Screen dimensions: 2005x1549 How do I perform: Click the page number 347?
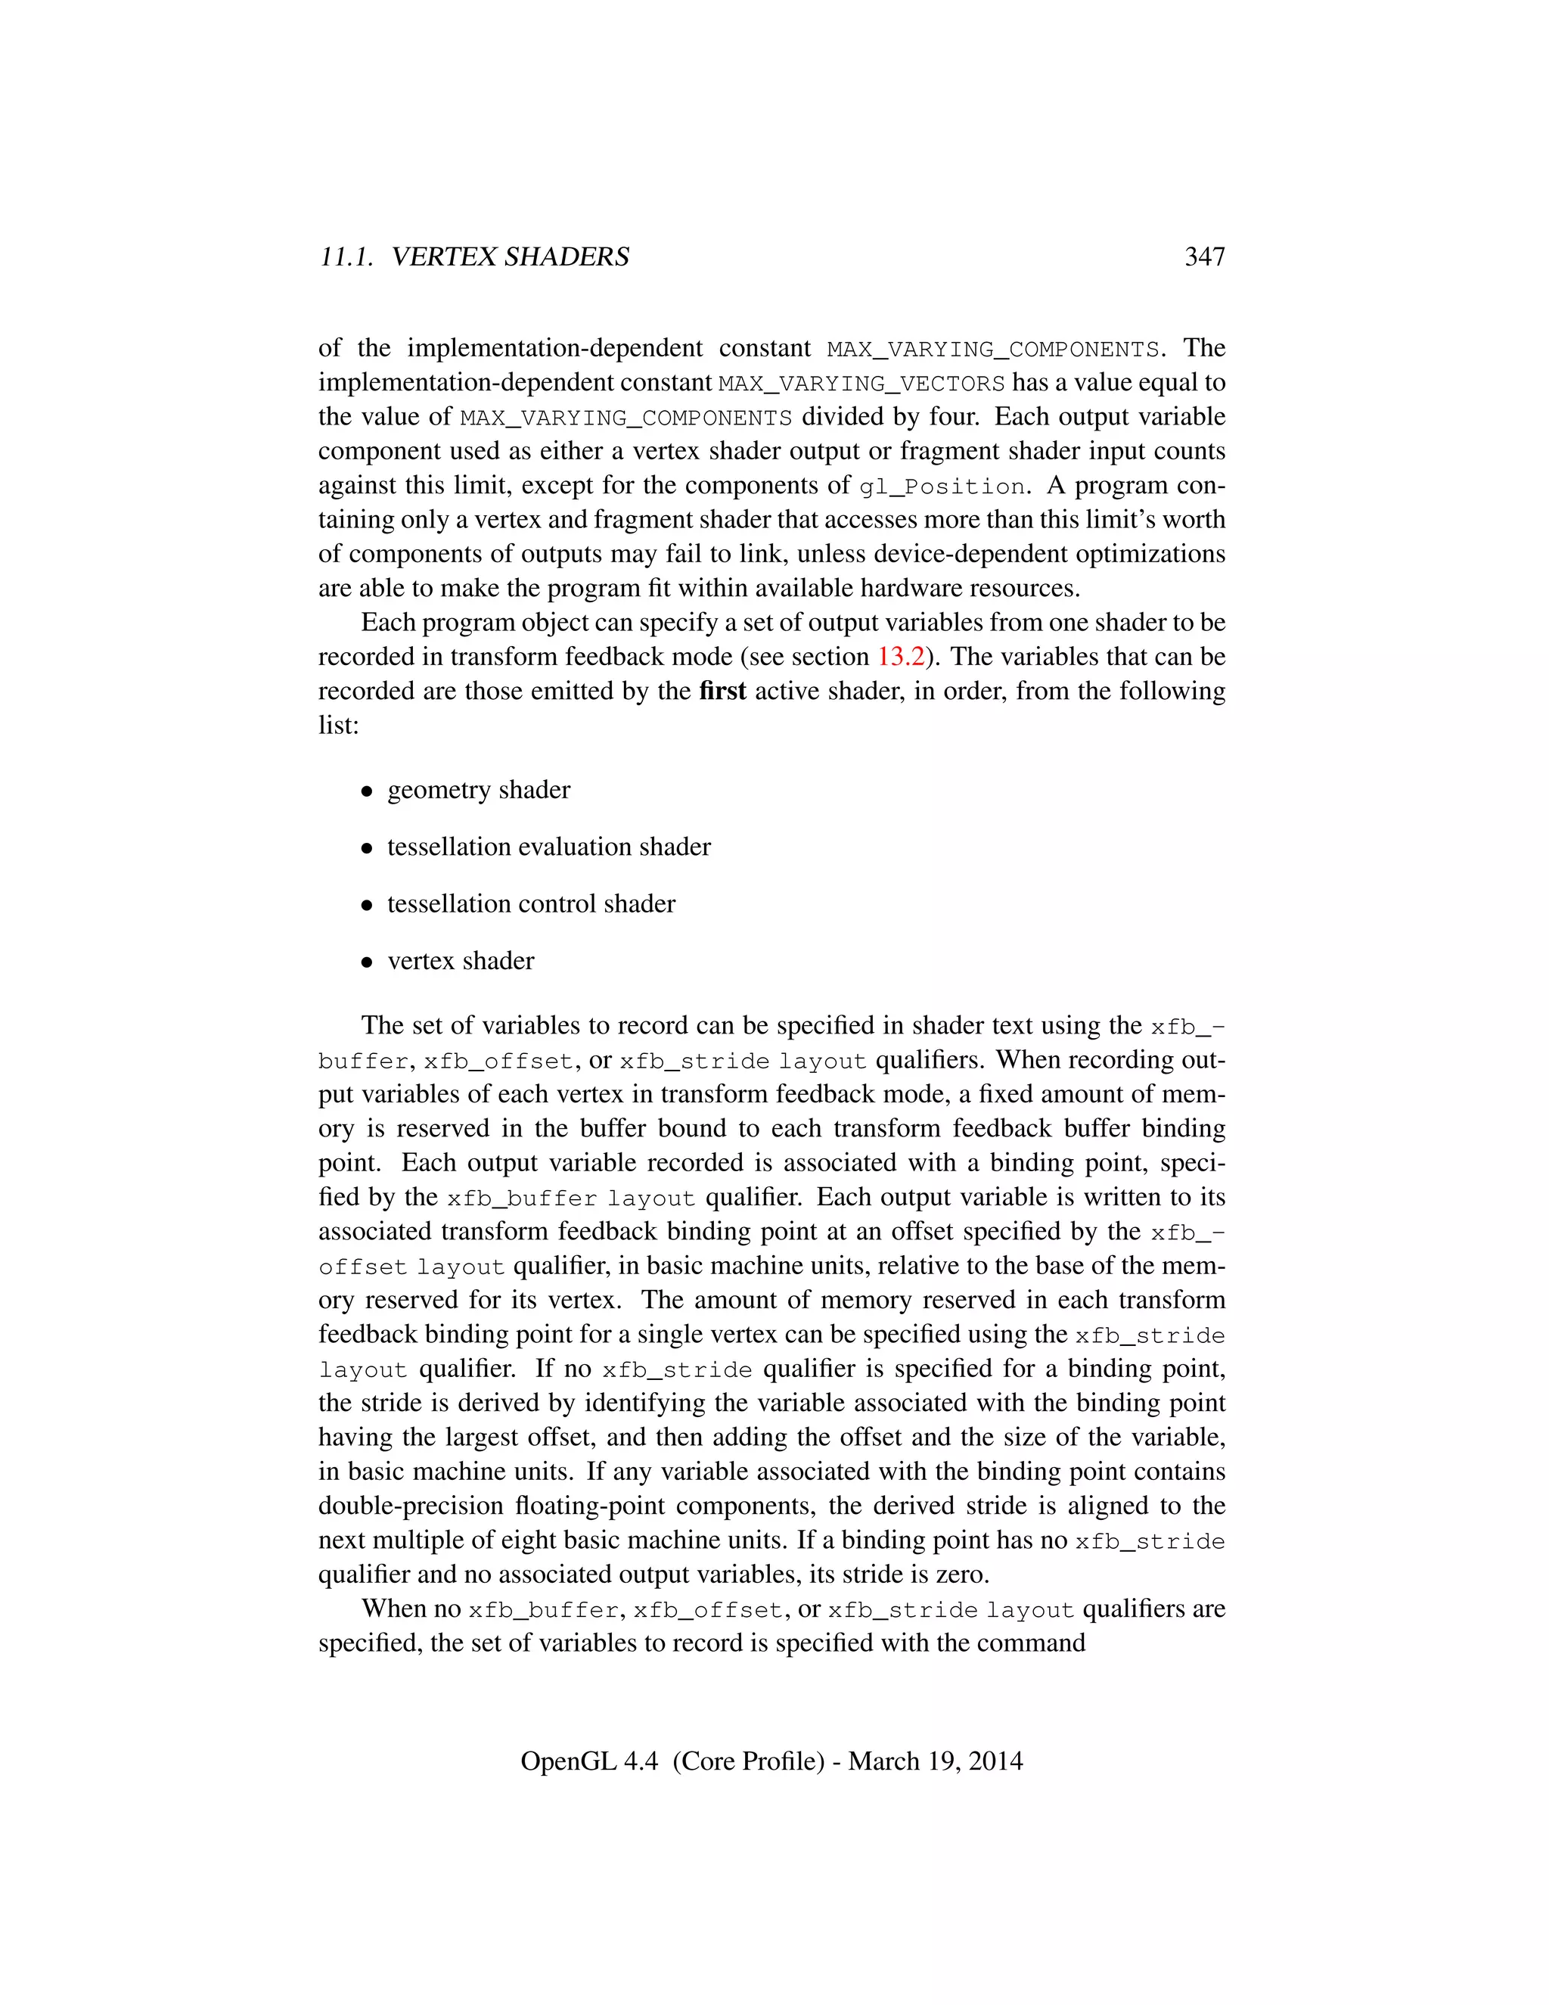tap(1204, 257)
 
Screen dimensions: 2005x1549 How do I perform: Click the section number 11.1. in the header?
tap(346, 257)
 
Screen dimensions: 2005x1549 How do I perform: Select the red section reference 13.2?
tap(900, 657)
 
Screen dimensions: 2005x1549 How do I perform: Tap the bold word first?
tap(722, 690)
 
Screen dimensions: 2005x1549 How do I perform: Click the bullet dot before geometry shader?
tap(367, 791)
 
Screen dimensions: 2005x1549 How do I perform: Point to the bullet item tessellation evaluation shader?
tap(548, 847)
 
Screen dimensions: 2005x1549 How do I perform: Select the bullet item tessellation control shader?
tap(530, 903)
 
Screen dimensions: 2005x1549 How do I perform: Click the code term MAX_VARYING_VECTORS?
tap(861, 383)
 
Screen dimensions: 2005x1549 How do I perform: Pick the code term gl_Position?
tap(942, 486)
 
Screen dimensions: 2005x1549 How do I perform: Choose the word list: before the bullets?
tap(339, 726)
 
